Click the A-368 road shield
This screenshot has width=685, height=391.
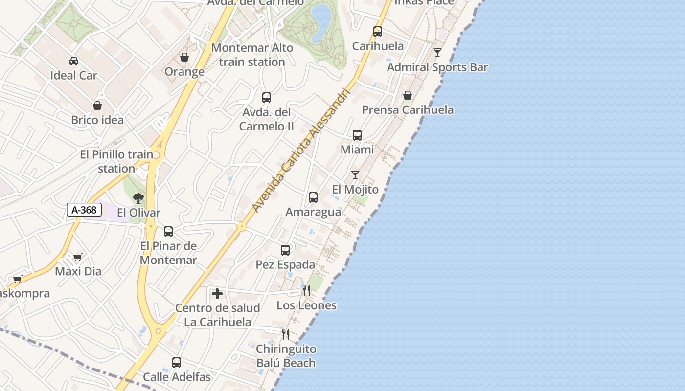[x=84, y=210]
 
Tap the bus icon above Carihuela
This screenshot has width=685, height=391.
[x=378, y=32]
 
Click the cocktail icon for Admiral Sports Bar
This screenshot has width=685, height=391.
[x=437, y=53]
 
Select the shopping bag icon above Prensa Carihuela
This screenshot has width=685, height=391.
[x=407, y=95]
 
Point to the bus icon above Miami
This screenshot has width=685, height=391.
[x=357, y=135]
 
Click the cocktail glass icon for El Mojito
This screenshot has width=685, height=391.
[x=355, y=175]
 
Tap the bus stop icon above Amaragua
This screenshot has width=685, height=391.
[x=313, y=197]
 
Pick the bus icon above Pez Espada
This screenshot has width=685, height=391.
[x=285, y=250]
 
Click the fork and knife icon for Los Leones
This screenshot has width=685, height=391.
[x=306, y=291]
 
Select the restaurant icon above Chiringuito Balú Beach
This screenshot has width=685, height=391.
[x=286, y=334]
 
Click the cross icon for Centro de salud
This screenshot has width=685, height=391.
[x=217, y=294]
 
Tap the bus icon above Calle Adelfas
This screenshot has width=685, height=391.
[x=177, y=363]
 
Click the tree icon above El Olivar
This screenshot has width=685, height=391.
[x=138, y=198]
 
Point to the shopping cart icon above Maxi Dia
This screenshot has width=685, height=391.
[x=78, y=257]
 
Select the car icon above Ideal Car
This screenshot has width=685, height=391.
[x=74, y=61]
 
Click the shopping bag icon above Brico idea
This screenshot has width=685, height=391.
[x=97, y=106]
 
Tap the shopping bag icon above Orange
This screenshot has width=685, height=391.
[x=184, y=58]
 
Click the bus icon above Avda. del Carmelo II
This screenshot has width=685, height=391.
[x=267, y=98]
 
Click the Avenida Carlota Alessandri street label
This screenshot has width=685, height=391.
[x=301, y=151]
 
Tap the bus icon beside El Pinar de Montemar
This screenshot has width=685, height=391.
[x=168, y=232]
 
